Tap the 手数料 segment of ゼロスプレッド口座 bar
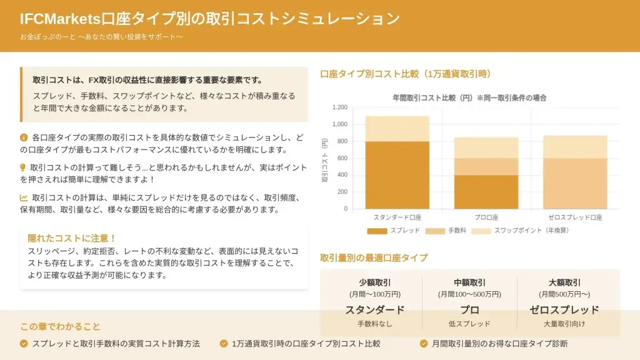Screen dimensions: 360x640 pos(575,183)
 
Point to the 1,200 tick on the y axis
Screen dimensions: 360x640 pos(339,107)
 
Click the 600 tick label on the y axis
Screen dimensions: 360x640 pos(342,158)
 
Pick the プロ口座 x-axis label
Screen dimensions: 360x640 pos(486,217)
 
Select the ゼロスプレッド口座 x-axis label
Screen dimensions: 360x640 pos(575,217)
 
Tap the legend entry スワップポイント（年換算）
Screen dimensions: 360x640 pos(531,231)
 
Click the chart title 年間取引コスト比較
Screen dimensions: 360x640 pos(469,98)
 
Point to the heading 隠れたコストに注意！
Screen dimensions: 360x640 pos(72,238)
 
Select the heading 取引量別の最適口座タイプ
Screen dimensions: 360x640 pos(374,257)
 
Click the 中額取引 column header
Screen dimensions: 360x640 pos(469,282)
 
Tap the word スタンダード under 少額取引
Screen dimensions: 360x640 pos(375,309)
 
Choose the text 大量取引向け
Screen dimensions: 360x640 pos(564,324)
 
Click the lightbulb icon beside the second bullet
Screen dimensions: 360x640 pos(23,167)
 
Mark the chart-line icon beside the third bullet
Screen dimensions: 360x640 pos(24,197)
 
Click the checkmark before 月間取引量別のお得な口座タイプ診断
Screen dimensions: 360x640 pos(424,343)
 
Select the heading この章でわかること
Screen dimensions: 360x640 pos(60,326)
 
